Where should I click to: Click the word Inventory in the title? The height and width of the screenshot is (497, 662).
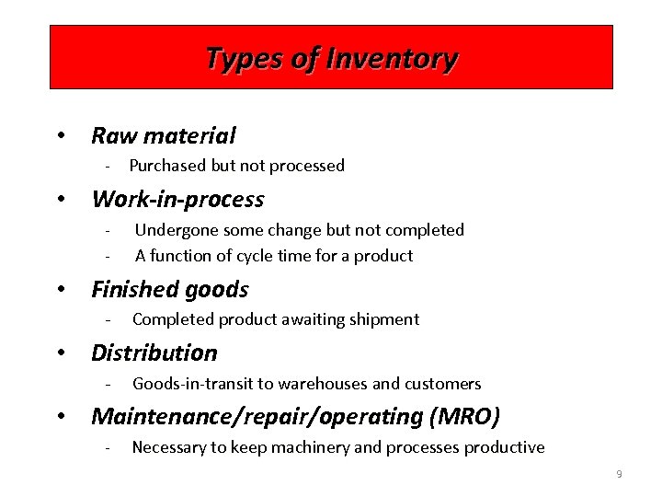pyautogui.click(x=400, y=60)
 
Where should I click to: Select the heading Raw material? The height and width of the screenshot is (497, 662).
pyautogui.click(x=164, y=136)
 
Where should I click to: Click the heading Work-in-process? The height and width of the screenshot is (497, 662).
pyautogui.click(x=177, y=199)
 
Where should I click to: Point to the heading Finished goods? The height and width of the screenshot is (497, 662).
pyautogui.click(x=170, y=290)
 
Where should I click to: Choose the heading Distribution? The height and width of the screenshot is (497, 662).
pyautogui.click(x=154, y=353)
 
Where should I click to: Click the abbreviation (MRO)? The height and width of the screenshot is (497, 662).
pyautogui.click(x=464, y=417)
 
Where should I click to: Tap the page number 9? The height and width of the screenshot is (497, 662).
pyautogui.click(x=619, y=474)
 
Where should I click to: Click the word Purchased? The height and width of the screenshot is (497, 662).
pyautogui.click(x=169, y=166)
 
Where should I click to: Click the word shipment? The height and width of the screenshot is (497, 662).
pyautogui.click(x=383, y=319)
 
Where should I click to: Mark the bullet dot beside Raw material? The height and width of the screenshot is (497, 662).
pyautogui.click(x=61, y=137)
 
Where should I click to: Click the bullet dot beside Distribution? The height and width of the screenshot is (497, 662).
pyautogui.click(x=61, y=353)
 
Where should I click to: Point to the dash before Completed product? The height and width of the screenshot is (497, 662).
pyautogui.click(x=108, y=320)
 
